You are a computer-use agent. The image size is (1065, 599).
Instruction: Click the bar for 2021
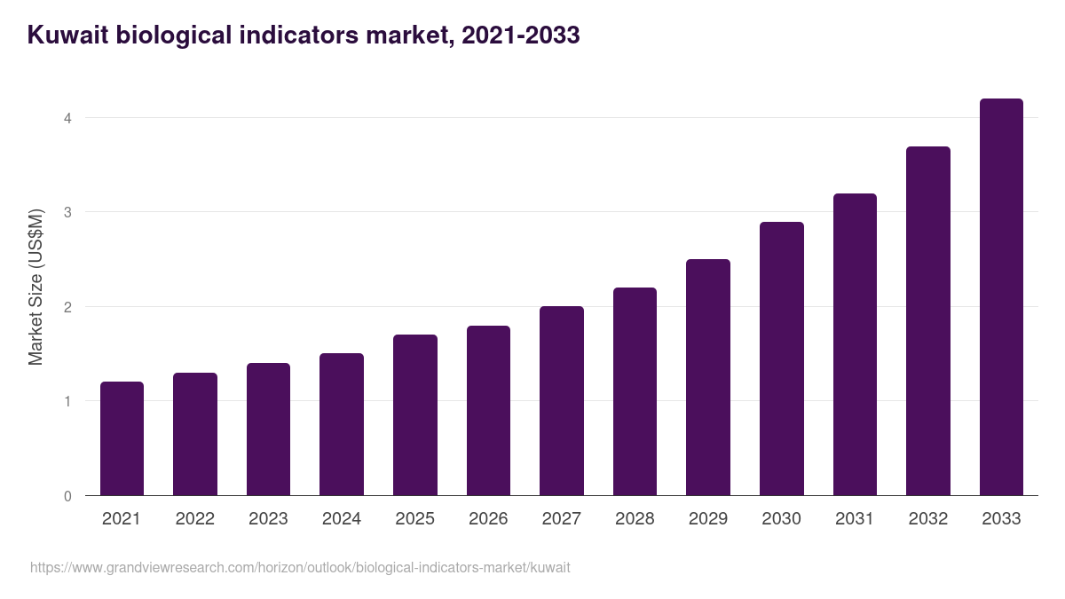[122, 438]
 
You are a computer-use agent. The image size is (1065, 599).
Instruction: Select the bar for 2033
[1001, 297]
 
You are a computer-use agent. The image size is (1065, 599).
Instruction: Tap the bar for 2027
[562, 401]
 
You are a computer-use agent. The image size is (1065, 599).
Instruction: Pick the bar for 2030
[781, 359]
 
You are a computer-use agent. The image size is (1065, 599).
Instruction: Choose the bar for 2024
[342, 424]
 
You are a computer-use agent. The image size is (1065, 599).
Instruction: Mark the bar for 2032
[927, 321]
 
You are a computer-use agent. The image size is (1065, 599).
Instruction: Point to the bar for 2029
[708, 377]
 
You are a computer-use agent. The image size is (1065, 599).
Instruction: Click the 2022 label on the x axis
[194, 519]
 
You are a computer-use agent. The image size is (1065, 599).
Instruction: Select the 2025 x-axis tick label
[414, 519]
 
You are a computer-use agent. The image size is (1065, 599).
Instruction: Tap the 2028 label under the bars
[635, 519]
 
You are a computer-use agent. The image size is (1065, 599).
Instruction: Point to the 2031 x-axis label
[855, 519]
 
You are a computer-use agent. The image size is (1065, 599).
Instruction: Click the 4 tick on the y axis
[67, 118]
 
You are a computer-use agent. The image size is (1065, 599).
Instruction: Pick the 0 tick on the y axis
[67, 496]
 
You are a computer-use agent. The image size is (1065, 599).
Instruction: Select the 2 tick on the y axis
[67, 307]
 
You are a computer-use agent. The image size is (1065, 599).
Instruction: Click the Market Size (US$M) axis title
[35, 287]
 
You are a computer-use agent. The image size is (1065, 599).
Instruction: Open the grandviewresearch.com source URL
[300, 567]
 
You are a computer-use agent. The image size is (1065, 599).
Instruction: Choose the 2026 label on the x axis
[488, 519]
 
